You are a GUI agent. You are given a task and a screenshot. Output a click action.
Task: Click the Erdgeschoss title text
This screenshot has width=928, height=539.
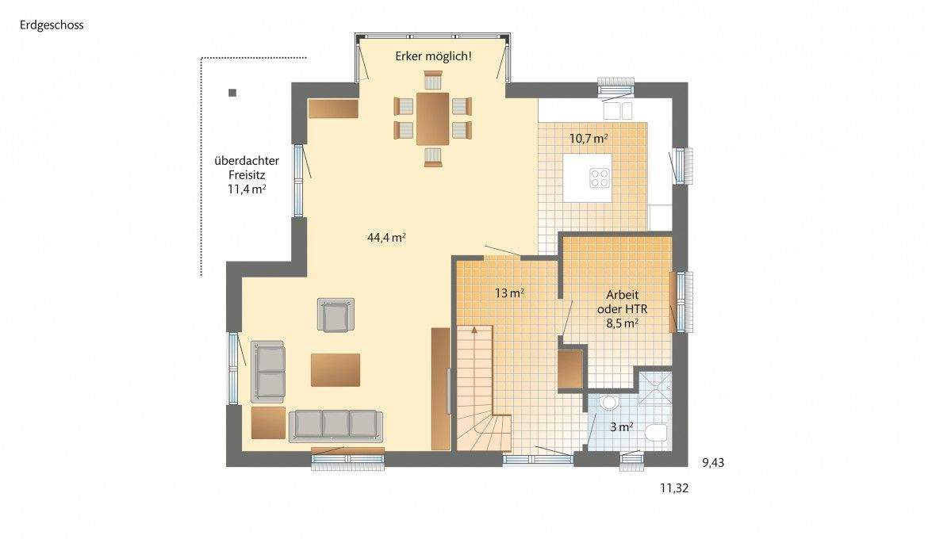pyautogui.click(x=52, y=25)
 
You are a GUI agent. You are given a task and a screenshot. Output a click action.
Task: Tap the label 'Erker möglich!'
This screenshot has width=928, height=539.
pyautogui.click(x=433, y=56)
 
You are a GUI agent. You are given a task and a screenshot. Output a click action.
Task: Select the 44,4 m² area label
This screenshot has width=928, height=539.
pyautogui.click(x=387, y=236)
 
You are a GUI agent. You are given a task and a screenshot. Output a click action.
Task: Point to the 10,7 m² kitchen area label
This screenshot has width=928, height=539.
pyautogui.click(x=589, y=138)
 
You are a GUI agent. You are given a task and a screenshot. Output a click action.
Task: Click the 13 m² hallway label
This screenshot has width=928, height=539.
pyautogui.click(x=509, y=292)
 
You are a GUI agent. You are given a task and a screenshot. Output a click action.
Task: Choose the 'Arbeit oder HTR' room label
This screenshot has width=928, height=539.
pyautogui.click(x=618, y=308)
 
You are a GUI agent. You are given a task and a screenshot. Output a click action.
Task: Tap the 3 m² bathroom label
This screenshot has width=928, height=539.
pyautogui.click(x=621, y=426)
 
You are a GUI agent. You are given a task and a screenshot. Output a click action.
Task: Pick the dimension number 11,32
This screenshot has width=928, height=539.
pyautogui.click(x=674, y=488)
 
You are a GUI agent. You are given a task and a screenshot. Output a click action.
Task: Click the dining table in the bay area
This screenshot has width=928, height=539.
pyautogui.click(x=433, y=118)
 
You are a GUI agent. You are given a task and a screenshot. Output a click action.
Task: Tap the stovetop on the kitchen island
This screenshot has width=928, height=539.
pyautogui.click(x=600, y=178)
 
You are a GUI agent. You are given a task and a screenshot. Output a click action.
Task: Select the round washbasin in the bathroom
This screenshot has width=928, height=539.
pyautogui.click(x=609, y=403)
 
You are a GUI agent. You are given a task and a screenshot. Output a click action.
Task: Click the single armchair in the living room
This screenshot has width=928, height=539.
pyautogui.click(x=336, y=315)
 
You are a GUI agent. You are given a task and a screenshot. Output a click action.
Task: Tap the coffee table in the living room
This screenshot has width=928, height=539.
pyautogui.click(x=336, y=369)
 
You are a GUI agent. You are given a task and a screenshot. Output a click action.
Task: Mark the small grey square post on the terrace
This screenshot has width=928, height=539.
pyautogui.click(x=232, y=93)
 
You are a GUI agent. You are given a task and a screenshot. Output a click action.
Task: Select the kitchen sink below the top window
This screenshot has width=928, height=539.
pyautogui.click(x=617, y=109)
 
